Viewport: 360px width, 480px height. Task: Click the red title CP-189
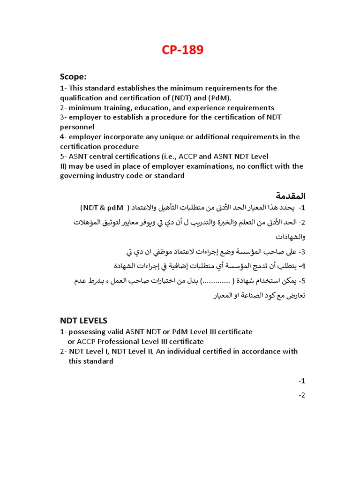[x=182, y=50]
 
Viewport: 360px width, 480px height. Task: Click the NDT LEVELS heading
[x=83, y=321]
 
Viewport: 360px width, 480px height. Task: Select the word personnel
[x=77, y=127]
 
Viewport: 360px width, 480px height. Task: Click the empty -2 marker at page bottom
[x=302, y=395]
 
